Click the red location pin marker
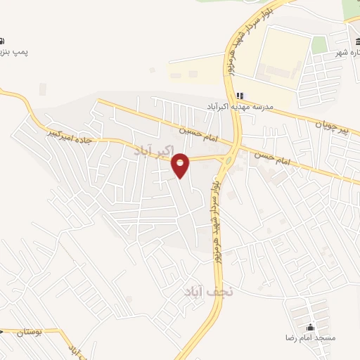(x=181, y=165)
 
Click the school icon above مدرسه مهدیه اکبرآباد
(x=240, y=96)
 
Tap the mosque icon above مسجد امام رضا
(x=310, y=327)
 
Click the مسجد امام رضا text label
(x=309, y=338)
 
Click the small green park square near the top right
(x=320, y=44)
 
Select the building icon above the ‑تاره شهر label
(x=352, y=21)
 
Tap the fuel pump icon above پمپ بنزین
(x=2, y=41)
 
